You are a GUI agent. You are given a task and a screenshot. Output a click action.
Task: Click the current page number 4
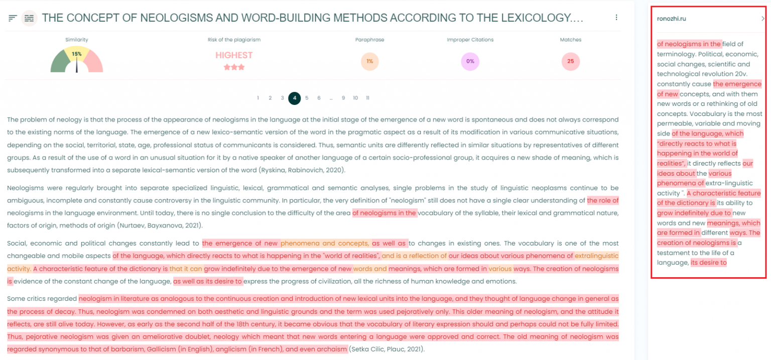[295, 98]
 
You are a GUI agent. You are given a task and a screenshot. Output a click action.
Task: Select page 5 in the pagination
[307, 98]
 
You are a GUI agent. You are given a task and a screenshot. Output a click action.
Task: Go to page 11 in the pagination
[367, 98]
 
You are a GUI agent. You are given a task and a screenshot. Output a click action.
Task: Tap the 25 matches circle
[571, 62]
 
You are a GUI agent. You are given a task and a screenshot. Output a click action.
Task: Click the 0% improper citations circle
[470, 62]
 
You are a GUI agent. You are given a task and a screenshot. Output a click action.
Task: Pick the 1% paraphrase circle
[369, 62]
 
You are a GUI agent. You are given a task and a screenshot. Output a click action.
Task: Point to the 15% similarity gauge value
[76, 54]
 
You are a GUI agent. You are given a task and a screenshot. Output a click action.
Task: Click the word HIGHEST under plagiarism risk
[234, 55]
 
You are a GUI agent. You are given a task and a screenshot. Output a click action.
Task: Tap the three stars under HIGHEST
[234, 67]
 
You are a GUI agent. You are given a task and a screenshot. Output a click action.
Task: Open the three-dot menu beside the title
[616, 18]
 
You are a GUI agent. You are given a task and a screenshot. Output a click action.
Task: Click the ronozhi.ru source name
[671, 19]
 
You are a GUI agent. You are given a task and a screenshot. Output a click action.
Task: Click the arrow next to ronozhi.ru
[762, 19]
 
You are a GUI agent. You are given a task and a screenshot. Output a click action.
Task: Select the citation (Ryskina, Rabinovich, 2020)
[302, 170]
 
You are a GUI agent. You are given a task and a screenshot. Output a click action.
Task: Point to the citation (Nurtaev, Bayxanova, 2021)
[159, 225]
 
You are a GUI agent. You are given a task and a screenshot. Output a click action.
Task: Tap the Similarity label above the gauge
[76, 40]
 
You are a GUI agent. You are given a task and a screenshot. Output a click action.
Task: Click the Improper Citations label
[470, 40]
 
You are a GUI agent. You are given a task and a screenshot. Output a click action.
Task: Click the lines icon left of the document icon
[13, 18]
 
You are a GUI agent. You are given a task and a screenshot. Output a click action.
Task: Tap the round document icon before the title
[30, 18]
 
